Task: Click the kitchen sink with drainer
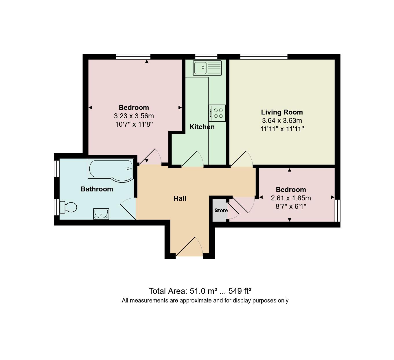pyautogui.click(x=207, y=68)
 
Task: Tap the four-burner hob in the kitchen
pyautogui.click(x=217, y=113)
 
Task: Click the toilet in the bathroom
pyautogui.click(x=68, y=207)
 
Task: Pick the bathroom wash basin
pyautogui.click(x=101, y=214)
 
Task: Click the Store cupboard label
pyautogui.click(x=221, y=211)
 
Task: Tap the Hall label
pyautogui.click(x=180, y=198)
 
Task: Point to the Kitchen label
pyautogui.click(x=202, y=127)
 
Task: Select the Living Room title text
pyautogui.click(x=282, y=112)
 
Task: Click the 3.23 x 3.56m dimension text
pyautogui.click(x=134, y=116)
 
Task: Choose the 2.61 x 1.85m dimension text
pyautogui.click(x=291, y=198)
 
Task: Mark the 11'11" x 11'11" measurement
pyautogui.click(x=282, y=129)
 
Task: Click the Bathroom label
pyautogui.click(x=97, y=189)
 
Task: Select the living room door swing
pyautogui.click(x=242, y=159)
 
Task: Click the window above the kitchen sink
pyautogui.click(x=206, y=56)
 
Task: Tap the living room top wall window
pyautogui.click(x=264, y=56)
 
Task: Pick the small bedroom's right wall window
pyautogui.click(x=337, y=211)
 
